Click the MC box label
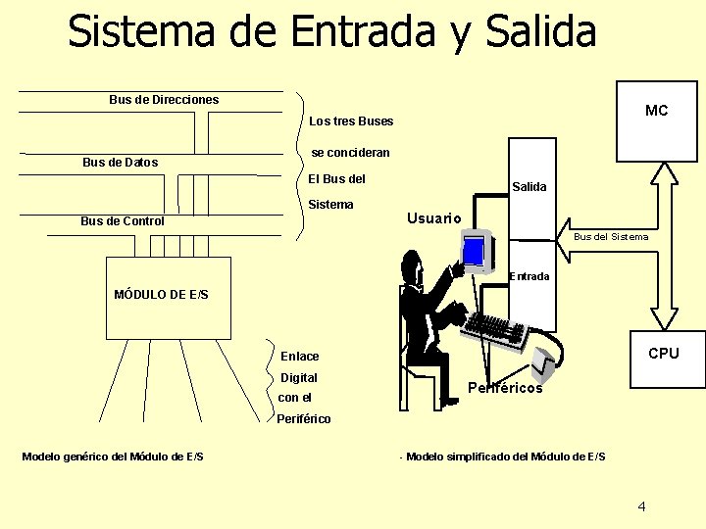[656, 111]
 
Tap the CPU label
[663, 353]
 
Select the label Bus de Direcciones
[164, 99]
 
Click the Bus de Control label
[122, 221]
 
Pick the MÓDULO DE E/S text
[161, 294]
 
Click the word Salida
[529, 186]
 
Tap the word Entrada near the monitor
[529, 276]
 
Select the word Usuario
[433, 217]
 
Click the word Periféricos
[505, 388]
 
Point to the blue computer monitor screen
[474, 251]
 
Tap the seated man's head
[412, 263]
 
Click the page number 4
[641, 506]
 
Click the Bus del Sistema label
[610, 236]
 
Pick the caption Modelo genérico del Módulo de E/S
[113, 457]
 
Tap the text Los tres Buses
[351, 121]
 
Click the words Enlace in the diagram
[299, 356]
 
